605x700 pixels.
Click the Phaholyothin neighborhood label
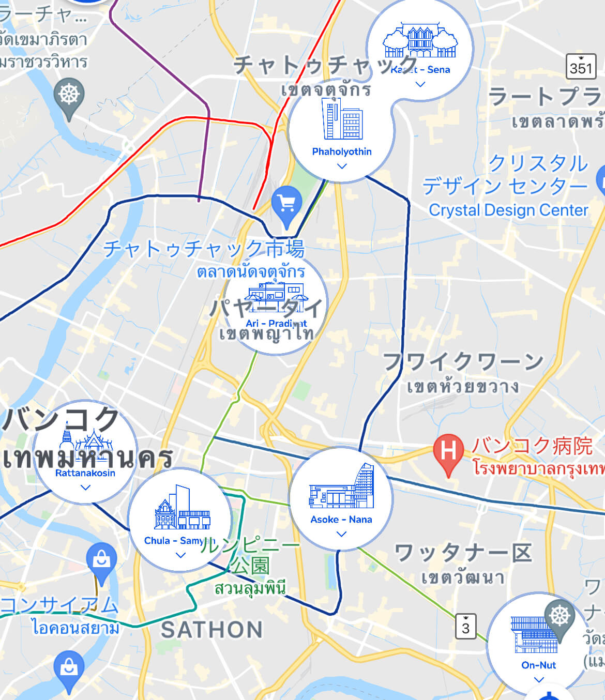[x=342, y=151]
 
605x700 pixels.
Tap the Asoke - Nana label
[x=341, y=519]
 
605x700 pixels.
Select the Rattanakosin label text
[x=85, y=473]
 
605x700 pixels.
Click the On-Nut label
[x=538, y=665]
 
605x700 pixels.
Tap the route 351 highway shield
[x=581, y=67]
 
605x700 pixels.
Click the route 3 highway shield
[x=465, y=627]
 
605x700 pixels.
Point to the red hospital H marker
[x=448, y=451]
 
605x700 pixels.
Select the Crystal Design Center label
[x=508, y=210]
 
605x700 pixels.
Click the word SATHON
[x=212, y=630]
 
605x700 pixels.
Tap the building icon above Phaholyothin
[x=342, y=119]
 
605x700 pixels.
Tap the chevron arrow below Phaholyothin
[x=341, y=166]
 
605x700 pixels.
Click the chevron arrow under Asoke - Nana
[x=341, y=534]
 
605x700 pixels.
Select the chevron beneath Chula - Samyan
[x=180, y=555]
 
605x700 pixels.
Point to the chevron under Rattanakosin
[x=85, y=487]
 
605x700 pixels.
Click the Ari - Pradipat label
[x=276, y=323]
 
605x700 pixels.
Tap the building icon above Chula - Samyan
[x=182, y=509]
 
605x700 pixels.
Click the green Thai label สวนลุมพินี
[x=250, y=588]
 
